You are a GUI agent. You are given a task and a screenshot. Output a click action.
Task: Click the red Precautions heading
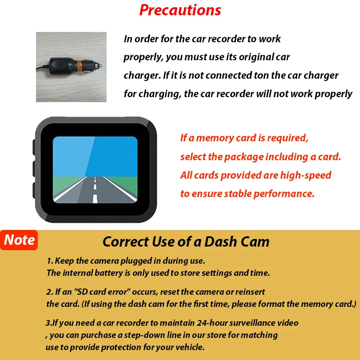(x=180, y=10)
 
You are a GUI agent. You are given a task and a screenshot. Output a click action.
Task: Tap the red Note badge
(x=19, y=240)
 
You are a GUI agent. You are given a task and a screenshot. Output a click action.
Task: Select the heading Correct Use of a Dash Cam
(x=186, y=242)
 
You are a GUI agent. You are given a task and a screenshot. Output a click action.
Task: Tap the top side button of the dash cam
(x=34, y=147)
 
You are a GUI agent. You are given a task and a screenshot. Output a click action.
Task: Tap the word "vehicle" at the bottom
(x=188, y=347)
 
